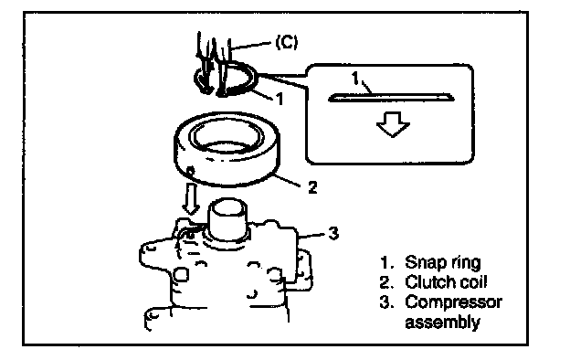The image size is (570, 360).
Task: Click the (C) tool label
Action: pos(287,41)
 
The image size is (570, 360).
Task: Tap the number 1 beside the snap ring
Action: pos(280,99)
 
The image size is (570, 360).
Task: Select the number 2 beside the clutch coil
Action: pos(312,187)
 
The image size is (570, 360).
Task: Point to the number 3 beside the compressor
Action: pos(333,233)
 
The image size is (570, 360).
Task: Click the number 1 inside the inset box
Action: pos(355,78)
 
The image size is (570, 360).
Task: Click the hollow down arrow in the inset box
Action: pos(393,124)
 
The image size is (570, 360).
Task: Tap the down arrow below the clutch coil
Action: pos(191,198)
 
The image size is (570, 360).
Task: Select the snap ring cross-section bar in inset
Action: pos(391,98)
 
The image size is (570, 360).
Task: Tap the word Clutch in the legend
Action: pos(427,281)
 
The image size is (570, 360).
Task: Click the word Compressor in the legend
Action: pos(454,302)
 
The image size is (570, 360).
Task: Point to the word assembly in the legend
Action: pos(442,323)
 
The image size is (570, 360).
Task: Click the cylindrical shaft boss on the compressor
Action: pos(227,219)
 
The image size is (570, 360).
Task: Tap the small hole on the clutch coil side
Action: pos(191,170)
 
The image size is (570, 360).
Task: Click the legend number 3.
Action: pos(386,302)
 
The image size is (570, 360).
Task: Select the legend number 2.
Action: pos(386,282)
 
